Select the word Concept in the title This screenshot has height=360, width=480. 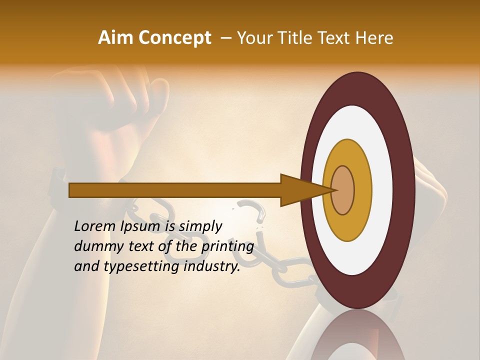pos(174,38)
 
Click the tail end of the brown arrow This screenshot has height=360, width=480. pos(70,190)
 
